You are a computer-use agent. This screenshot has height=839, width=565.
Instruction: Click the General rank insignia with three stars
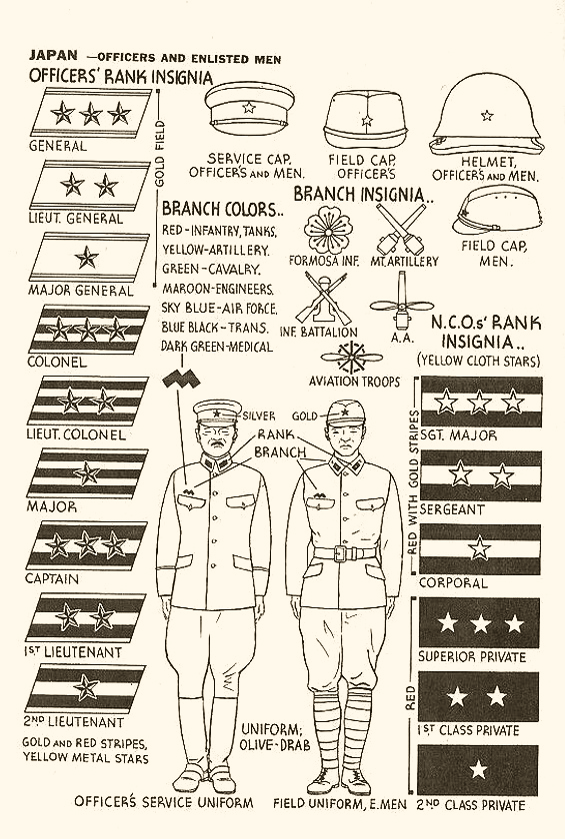[x=91, y=112]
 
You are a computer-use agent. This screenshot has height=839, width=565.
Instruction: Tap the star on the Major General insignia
[x=87, y=258]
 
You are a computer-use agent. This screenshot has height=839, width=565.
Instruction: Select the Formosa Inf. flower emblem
[x=326, y=231]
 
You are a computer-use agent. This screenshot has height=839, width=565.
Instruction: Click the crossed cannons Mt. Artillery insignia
[x=401, y=229]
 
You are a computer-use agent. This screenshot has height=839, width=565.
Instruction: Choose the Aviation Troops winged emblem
[x=352, y=357]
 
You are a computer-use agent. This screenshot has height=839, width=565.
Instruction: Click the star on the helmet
[x=487, y=115]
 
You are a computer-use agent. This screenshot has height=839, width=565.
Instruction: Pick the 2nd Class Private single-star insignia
[x=478, y=769]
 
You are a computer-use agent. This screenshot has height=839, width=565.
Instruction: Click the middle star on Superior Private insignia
[x=480, y=623]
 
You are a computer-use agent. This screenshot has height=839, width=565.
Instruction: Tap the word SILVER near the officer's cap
[x=259, y=416]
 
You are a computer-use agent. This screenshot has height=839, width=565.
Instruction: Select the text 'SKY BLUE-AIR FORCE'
[x=220, y=309]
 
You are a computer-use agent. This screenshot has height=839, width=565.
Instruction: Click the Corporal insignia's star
[x=479, y=549]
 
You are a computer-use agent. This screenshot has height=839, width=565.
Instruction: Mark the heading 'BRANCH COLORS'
[x=223, y=209]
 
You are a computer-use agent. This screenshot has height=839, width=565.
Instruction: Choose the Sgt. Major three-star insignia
[x=481, y=402]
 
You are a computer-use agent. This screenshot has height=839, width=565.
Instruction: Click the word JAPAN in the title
[x=53, y=55]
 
